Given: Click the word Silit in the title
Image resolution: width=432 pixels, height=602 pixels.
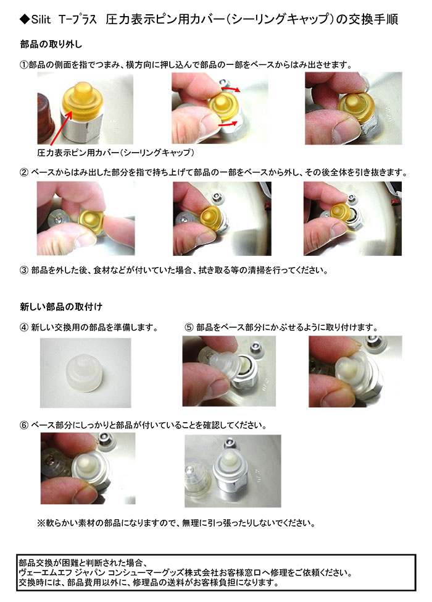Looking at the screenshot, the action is tap(41, 19).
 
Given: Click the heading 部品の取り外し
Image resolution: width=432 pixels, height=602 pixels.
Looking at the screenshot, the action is tap(51, 45).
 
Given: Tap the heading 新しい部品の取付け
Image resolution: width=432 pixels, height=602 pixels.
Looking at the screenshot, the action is tap(61, 307).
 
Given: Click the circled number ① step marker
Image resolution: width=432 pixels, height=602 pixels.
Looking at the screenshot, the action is tap(24, 64).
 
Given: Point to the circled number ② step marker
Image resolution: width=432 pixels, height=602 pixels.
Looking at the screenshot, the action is tap(24, 172).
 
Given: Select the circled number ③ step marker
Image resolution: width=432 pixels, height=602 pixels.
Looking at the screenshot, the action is tap(24, 270).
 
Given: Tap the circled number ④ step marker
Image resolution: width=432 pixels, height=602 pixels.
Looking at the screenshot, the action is tap(24, 328).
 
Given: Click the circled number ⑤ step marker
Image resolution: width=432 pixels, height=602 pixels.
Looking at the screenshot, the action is tap(189, 328).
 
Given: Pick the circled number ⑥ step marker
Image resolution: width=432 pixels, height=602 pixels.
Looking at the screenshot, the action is tap(24, 425).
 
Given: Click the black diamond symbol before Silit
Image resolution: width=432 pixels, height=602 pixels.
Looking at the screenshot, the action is tap(24, 19).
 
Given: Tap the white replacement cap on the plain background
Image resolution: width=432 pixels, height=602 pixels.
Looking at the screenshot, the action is tap(85, 373).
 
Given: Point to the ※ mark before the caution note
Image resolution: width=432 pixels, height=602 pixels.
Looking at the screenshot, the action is tap(41, 523).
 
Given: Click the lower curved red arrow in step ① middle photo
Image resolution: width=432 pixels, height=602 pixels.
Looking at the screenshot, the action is tap(228, 124).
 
